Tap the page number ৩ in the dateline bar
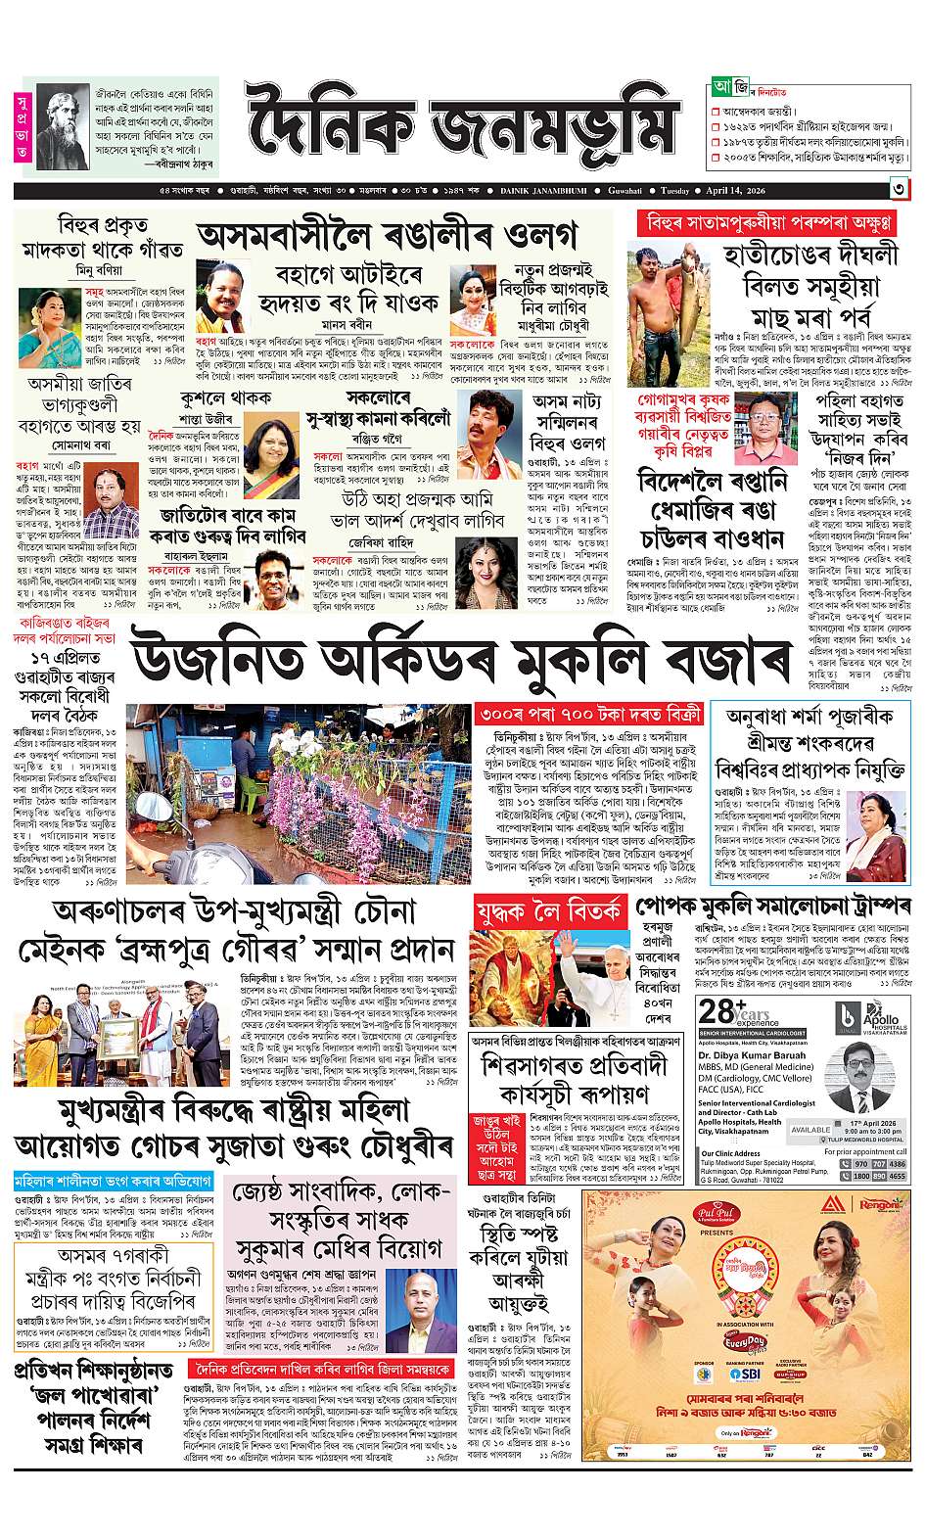897,189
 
